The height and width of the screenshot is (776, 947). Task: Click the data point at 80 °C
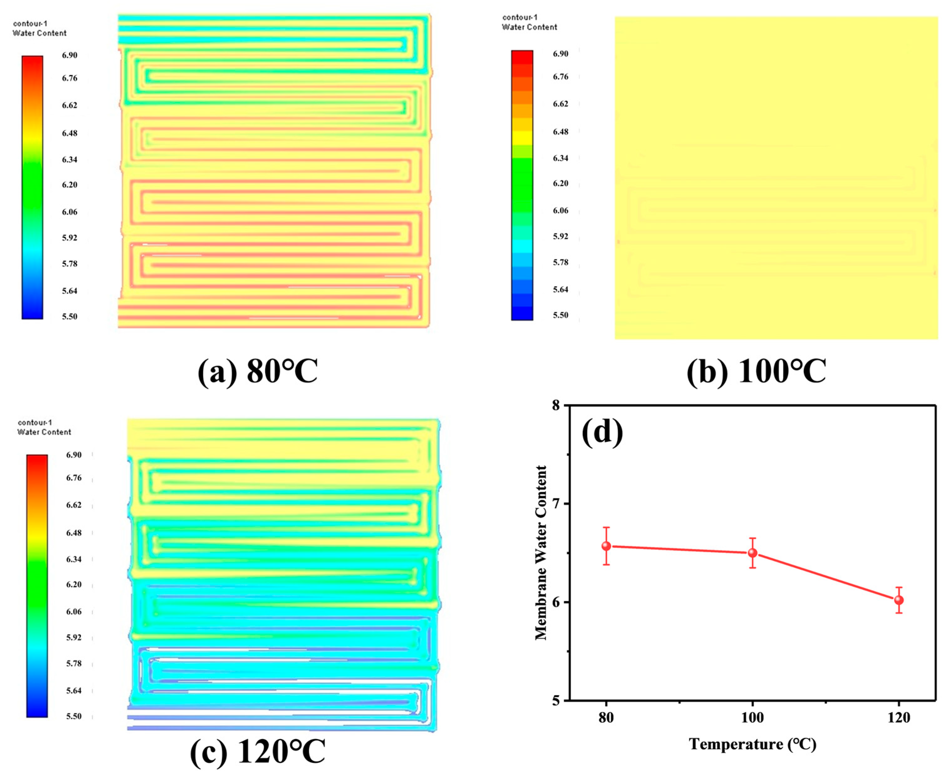click(x=606, y=546)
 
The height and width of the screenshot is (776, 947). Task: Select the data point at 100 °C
click(x=753, y=553)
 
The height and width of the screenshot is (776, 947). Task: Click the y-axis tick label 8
click(x=556, y=406)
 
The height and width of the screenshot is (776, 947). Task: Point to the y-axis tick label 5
click(x=556, y=701)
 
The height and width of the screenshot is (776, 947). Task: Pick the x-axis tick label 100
click(x=753, y=718)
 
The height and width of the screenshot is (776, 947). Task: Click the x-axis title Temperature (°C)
click(x=753, y=744)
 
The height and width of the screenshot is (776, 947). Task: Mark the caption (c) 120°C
click(x=258, y=752)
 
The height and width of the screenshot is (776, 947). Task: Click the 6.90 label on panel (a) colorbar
click(x=69, y=55)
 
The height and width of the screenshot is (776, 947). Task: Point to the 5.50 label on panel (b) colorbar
click(x=561, y=315)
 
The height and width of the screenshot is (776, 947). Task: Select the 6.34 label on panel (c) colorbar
click(x=74, y=559)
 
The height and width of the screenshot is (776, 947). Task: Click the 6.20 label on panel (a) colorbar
click(x=69, y=185)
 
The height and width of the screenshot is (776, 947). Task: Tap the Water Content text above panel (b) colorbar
click(x=530, y=27)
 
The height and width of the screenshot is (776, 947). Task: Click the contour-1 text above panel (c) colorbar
click(x=34, y=422)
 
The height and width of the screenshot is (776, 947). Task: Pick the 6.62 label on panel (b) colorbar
click(x=561, y=104)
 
